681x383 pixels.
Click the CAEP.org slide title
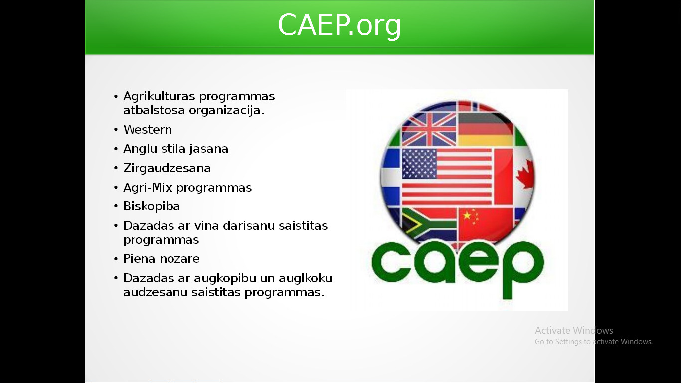coord(340,25)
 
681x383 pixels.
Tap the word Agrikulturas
coord(159,97)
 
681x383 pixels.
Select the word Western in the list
coord(148,130)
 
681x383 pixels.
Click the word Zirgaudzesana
coord(167,168)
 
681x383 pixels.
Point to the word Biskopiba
coord(152,206)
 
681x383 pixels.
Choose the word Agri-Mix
coord(148,188)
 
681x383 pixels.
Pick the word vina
coord(206,226)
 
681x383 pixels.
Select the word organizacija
coord(227,110)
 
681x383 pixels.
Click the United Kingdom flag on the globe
coord(429,129)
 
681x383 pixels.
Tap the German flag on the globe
coord(485,129)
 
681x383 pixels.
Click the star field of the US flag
coord(419,164)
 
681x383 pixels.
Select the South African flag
coord(429,225)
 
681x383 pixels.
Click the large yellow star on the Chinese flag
coord(467,215)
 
